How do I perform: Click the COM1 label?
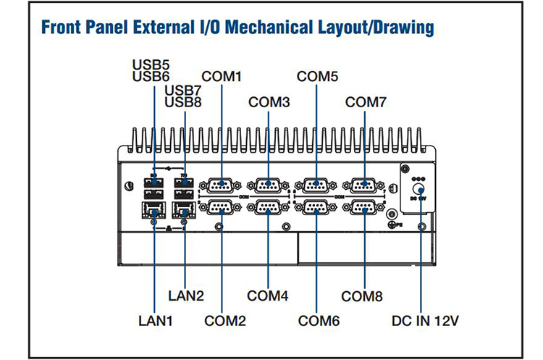click(222, 75)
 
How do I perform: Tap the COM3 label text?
click(269, 102)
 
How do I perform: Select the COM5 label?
click(317, 75)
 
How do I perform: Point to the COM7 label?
click(366, 102)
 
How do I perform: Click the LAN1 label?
click(156, 319)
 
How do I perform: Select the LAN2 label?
click(186, 296)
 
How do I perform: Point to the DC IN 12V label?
click(425, 319)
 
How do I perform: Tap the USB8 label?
click(183, 101)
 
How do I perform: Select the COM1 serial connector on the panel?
click(220, 185)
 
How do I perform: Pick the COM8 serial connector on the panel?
click(364, 209)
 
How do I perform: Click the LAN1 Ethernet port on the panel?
click(153, 211)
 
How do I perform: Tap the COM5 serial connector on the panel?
click(316, 185)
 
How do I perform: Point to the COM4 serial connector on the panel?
click(268, 209)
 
